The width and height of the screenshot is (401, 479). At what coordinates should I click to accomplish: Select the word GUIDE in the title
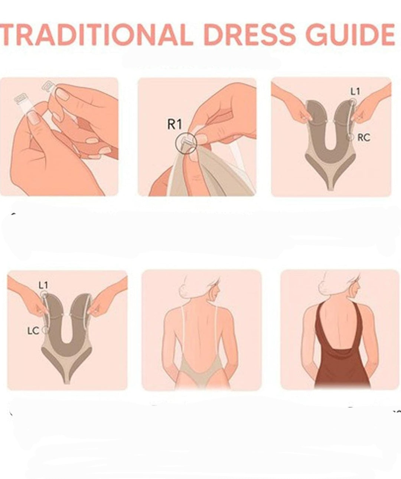click(x=351, y=35)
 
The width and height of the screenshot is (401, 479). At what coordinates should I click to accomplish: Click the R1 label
click(x=175, y=124)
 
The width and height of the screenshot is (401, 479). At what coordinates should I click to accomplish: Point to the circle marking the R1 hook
click(x=186, y=143)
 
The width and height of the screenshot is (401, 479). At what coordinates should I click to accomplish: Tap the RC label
click(x=363, y=137)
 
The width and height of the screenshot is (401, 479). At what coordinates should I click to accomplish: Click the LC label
click(x=33, y=331)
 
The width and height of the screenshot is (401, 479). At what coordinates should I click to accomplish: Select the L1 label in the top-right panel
click(x=355, y=92)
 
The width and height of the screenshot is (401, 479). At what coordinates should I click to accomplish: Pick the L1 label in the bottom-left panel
click(x=43, y=285)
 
